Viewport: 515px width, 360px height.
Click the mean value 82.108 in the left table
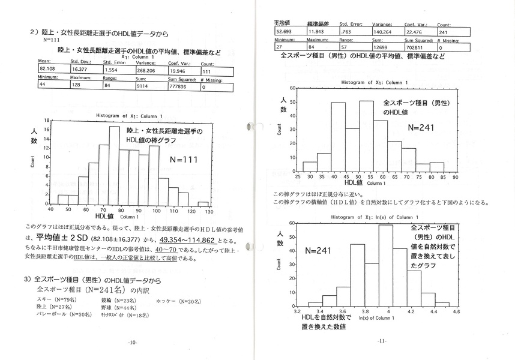pyautogui.click(x=48, y=71)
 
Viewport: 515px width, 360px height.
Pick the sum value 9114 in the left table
pyautogui.click(x=143, y=86)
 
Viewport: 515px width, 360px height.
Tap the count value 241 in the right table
pyautogui.click(x=443, y=31)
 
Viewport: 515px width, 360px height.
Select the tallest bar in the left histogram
pyautogui.click(x=114, y=163)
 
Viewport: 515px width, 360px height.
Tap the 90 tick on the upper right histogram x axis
pyautogui.click(x=456, y=178)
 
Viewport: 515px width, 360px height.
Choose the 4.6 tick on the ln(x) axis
pyautogui.click(x=456, y=313)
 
